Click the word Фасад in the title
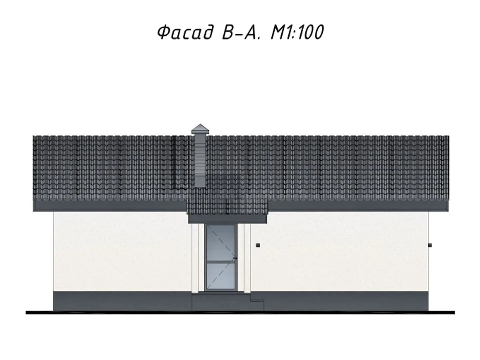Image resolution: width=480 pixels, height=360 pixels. point(185,32)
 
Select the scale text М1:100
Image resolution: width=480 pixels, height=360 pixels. point(297,32)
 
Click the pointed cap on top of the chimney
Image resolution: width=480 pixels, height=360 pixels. point(200,129)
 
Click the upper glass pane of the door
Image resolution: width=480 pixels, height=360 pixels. point(221,243)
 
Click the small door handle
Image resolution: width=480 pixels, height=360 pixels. point(235,259)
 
